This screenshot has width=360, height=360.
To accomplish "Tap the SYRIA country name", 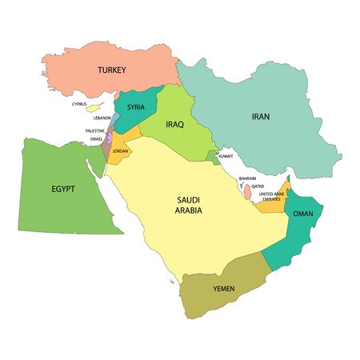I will pos(135,107).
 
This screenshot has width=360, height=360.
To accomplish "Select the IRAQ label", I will pos(175,125).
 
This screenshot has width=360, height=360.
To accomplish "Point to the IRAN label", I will pos(261,117).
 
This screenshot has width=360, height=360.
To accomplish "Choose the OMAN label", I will pos(303,214).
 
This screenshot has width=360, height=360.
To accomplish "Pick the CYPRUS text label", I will pos(79,103).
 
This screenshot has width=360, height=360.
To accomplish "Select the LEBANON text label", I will pos(102,118).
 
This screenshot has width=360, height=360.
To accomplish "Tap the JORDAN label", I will pos(121,150).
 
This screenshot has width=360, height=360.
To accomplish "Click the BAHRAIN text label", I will pos(247,179).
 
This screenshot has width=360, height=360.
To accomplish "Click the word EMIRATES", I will pos(271,198).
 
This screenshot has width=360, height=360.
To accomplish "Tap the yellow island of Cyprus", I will pos(94,106).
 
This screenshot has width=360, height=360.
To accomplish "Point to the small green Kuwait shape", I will pos(211,156).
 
